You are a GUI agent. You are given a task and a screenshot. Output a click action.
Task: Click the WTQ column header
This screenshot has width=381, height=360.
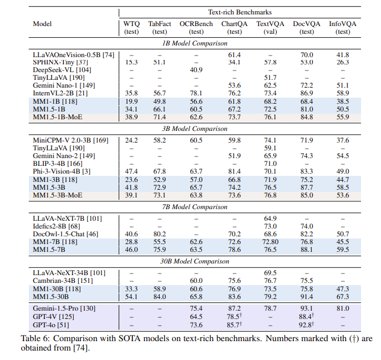[x=131, y=24]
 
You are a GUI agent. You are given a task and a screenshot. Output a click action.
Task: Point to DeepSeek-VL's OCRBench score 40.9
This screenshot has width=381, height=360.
[x=196, y=69]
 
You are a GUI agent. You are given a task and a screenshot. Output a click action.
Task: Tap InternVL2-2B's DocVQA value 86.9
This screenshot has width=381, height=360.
[x=307, y=93]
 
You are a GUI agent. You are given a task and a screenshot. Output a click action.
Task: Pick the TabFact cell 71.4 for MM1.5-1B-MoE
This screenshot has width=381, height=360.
[x=160, y=116]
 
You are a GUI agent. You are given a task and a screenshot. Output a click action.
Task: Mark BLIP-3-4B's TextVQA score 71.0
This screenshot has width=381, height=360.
[x=270, y=164]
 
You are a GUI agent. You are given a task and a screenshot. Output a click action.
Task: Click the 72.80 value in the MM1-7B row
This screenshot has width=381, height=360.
[x=270, y=242]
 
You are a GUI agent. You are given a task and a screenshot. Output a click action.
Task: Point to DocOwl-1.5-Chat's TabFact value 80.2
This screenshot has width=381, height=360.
[x=160, y=235]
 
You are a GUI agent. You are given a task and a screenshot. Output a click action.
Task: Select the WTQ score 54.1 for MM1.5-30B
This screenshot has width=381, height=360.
[x=131, y=297]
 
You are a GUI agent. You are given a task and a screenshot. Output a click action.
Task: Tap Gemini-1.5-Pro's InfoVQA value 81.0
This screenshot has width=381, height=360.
[x=343, y=308]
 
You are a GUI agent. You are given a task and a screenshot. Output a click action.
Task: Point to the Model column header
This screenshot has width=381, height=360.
[x=43, y=24]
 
